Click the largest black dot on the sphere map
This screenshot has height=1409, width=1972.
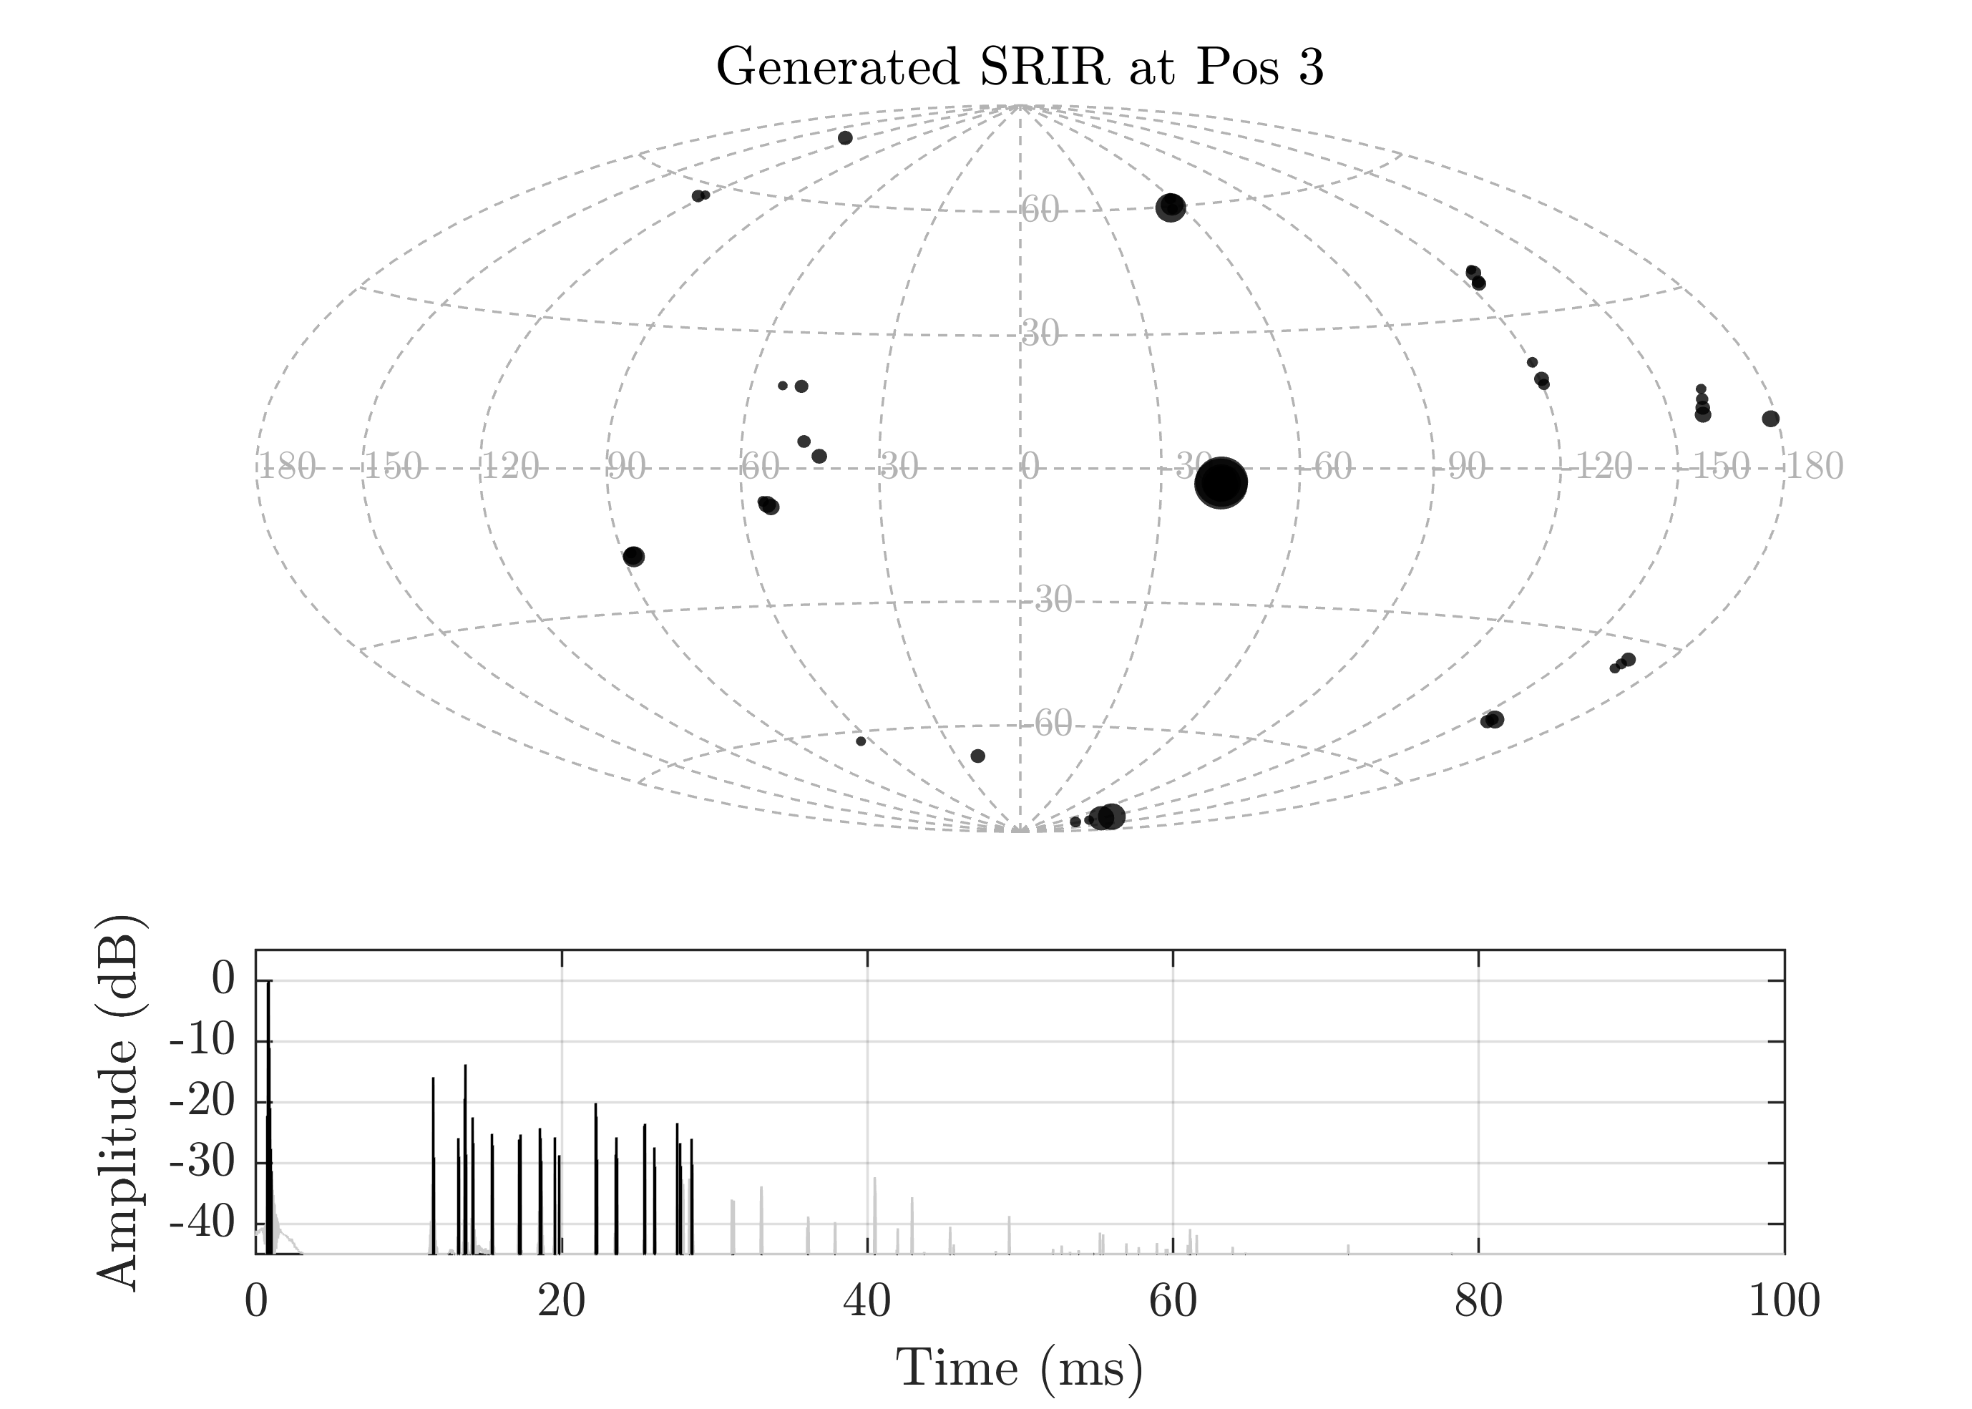click(1221, 482)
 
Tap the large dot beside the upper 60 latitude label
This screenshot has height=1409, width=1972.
click(1171, 208)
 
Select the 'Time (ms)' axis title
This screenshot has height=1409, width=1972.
click(1020, 1369)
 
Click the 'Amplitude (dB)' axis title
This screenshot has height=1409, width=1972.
click(117, 1102)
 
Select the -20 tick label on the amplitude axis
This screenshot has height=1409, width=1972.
click(201, 1103)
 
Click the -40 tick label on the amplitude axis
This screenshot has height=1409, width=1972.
click(201, 1224)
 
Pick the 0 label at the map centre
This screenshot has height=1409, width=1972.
click(1030, 468)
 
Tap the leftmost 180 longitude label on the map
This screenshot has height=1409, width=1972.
click(287, 468)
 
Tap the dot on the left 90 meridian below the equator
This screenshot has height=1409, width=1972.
click(634, 556)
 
